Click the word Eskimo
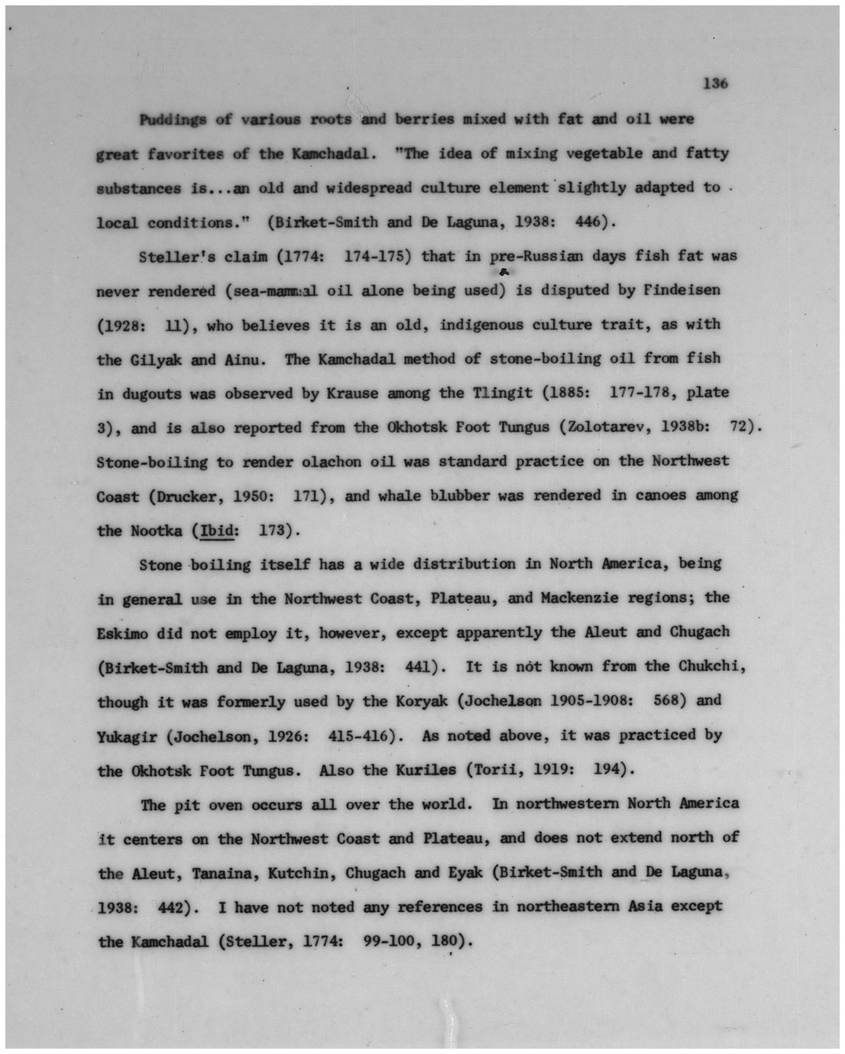click(122, 633)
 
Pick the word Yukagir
click(127, 737)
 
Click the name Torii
click(497, 770)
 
